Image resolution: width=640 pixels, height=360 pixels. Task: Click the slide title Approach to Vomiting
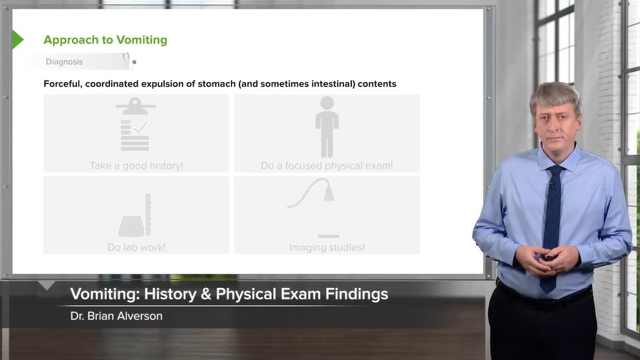pyautogui.click(x=105, y=40)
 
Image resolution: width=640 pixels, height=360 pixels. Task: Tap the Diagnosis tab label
pyautogui.click(x=64, y=61)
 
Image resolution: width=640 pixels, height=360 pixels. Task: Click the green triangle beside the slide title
pyautogui.click(x=18, y=40)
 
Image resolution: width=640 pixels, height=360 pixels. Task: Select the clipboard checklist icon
pyautogui.click(x=135, y=124)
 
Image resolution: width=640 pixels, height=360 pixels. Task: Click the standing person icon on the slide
pyautogui.click(x=327, y=127)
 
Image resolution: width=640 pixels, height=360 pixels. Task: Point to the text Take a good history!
pyautogui.click(x=136, y=165)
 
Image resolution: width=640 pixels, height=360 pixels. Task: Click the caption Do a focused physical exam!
pyautogui.click(x=326, y=165)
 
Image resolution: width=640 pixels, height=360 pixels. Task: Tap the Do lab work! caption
pyautogui.click(x=136, y=247)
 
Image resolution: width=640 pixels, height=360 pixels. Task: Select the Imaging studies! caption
pyautogui.click(x=327, y=247)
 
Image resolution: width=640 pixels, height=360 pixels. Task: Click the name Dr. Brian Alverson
pyautogui.click(x=116, y=316)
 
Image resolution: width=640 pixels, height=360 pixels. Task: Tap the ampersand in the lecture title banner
pyautogui.click(x=206, y=294)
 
